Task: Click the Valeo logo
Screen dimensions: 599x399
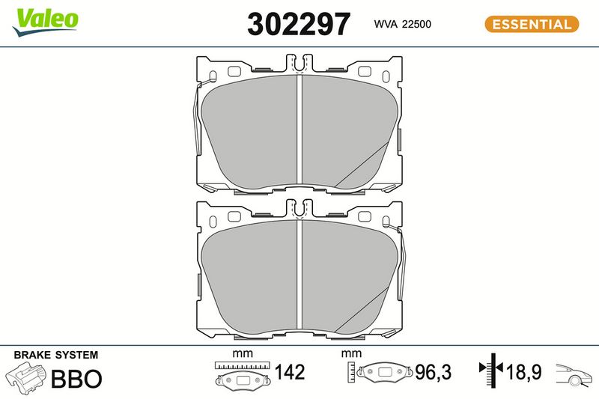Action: [x=45, y=22]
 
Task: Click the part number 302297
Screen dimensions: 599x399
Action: [x=299, y=24]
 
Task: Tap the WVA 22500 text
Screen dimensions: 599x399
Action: [x=402, y=24]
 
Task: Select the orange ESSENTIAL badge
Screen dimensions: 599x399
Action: [x=532, y=24]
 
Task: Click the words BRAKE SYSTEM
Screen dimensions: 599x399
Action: [x=55, y=355]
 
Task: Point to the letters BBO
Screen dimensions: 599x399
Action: [x=76, y=378]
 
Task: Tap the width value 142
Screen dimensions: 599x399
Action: [x=290, y=372]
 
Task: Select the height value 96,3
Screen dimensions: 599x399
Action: [x=433, y=372]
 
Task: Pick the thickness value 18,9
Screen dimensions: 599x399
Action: [x=523, y=372]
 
